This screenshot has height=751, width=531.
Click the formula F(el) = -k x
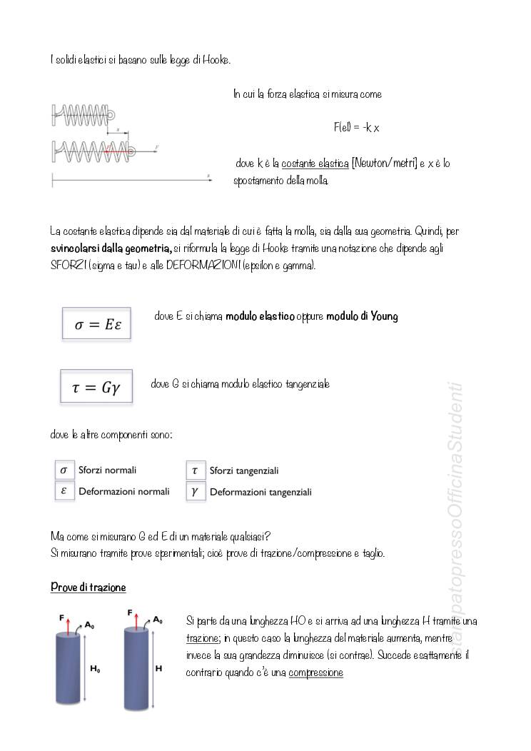pyautogui.click(x=356, y=128)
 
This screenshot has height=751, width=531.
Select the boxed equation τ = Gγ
pyautogui.click(x=96, y=388)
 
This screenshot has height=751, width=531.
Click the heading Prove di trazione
pyautogui.click(x=88, y=588)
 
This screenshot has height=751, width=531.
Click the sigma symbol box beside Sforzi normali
pyautogui.click(x=64, y=470)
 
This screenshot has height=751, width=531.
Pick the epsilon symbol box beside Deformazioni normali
pyautogui.click(x=64, y=491)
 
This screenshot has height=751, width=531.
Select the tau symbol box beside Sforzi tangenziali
pyautogui.click(x=195, y=470)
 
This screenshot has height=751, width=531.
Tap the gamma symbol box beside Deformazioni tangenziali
pyautogui.click(x=195, y=491)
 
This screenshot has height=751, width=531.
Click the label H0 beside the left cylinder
pyautogui.click(x=95, y=669)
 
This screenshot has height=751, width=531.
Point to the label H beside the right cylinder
pyautogui.click(x=158, y=669)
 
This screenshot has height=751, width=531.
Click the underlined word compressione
pyautogui.click(x=315, y=672)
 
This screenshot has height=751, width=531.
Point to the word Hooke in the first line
pyautogui.click(x=216, y=61)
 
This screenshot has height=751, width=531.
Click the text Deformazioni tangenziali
pyautogui.click(x=261, y=492)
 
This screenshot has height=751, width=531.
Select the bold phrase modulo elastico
pyautogui.click(x=260, y=316)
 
